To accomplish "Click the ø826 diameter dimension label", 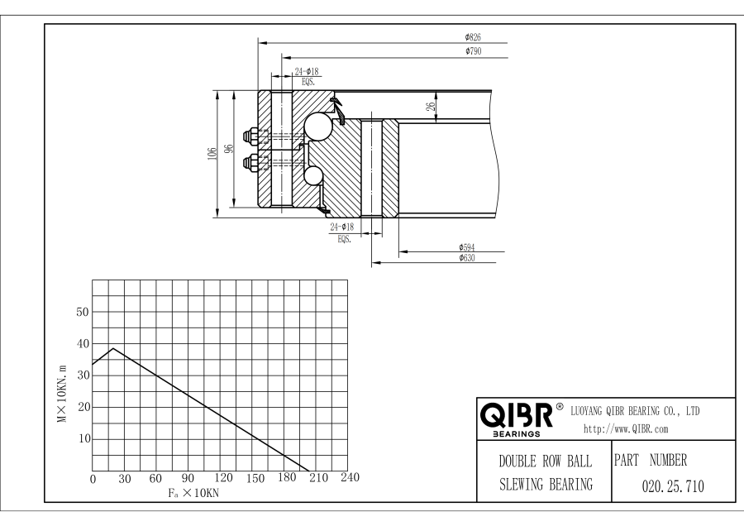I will pos(473,37).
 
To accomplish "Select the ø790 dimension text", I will pos(473,51).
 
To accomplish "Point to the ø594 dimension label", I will pos(468,247).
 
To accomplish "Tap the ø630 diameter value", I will pos(468,259).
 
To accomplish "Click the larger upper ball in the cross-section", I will pos(317,125).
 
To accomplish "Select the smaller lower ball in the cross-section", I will pos(313,175).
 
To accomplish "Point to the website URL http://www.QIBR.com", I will pos(626,428).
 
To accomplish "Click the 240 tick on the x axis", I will pos(351,479).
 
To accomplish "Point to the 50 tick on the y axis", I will pos(81,312).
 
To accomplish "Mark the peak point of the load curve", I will pos(113,348).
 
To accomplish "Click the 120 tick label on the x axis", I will pos(222,479).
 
